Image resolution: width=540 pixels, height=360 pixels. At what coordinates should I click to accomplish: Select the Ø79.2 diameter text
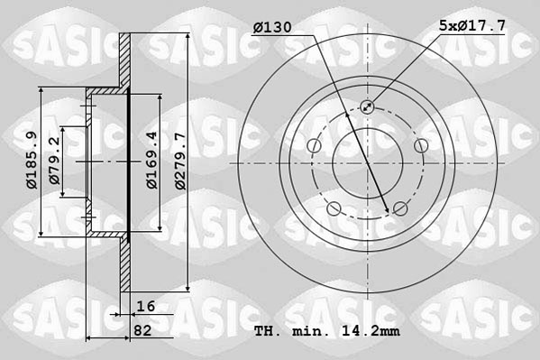(x=56, y=160)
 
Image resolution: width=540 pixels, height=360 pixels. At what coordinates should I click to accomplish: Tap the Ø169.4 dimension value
(x=152, y=160)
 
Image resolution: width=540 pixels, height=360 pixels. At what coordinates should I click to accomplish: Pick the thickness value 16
(x=145, y=306)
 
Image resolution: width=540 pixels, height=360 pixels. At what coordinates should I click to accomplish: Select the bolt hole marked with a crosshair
(x=368, y=107)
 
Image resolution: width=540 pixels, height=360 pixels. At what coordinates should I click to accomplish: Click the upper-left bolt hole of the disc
(x=314, y=146)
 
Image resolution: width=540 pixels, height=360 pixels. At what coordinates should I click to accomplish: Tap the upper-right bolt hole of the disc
(x=421, y=146)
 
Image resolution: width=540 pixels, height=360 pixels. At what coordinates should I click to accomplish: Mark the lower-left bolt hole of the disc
(x=334, y=209)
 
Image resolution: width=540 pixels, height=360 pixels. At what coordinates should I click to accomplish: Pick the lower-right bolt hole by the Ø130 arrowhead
(x=400, y=209)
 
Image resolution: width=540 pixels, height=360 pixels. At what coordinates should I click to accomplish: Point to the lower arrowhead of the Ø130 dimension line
(x=388, y=211)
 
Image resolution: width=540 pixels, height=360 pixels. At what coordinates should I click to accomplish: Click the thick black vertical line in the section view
(x=130, y=162)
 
